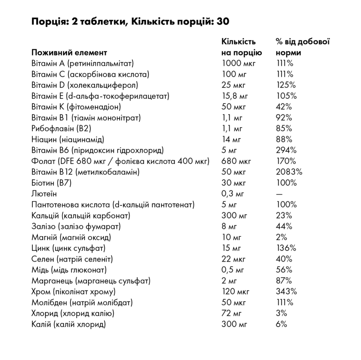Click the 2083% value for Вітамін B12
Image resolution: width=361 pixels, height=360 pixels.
[x=289, y=172]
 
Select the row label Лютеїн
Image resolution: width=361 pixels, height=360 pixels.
[x=44, y=194]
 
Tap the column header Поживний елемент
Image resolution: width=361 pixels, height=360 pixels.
[x=69, y=52]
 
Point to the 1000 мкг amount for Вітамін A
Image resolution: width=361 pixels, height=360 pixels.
[x=238, y=63]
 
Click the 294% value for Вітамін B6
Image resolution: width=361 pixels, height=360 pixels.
[x=286, y=150]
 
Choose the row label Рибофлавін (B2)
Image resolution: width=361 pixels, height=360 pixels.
[x=61, y=129]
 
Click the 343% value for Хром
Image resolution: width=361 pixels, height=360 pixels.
[x=286, y=291]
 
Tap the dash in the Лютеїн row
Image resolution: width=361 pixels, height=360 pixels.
[x=279, y=194]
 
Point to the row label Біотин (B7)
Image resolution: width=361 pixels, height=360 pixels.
[x=51, y=183]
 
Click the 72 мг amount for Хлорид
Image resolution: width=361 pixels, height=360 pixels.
[x=231, y=313]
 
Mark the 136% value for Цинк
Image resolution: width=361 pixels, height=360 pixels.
[x=286, y=248]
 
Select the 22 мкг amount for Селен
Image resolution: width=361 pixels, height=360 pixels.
[x=233, y=259]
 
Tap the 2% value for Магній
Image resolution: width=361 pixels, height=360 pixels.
[x=281, y=237]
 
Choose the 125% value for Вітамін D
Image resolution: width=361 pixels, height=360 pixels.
[x=286, y=85]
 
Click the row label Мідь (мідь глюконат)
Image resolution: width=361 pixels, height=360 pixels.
[x=69, y=270]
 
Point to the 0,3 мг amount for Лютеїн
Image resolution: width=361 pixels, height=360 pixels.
[x=233, y=194]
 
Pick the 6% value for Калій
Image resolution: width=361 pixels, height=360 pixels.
[x=281, y=324]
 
